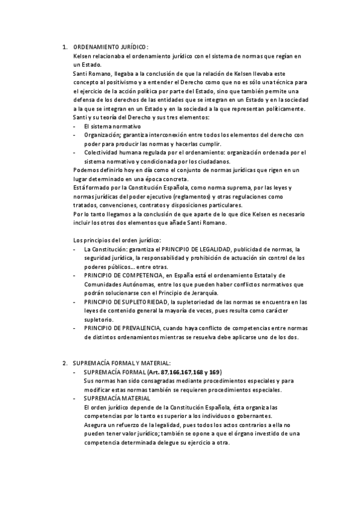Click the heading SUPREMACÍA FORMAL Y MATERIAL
pos(121,363)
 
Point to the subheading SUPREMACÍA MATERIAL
pos(113,398)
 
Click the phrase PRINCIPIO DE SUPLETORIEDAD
pos(126,301)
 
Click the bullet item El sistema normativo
pos(112,127)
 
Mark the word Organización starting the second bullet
pos(101,135)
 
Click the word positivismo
pos(126,82)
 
